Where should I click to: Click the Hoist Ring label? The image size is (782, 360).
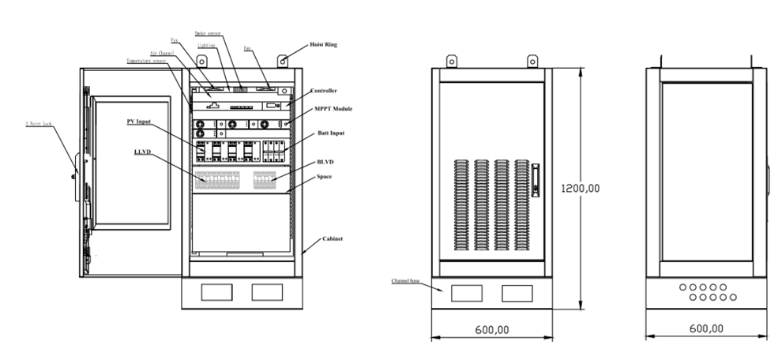[323, 46]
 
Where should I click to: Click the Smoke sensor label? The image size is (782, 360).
[207, 35]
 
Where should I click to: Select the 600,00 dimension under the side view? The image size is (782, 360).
[705, 328]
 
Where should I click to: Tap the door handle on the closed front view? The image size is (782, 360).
[534, 179]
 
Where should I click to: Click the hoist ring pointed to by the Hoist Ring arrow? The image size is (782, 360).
[283, 58]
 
